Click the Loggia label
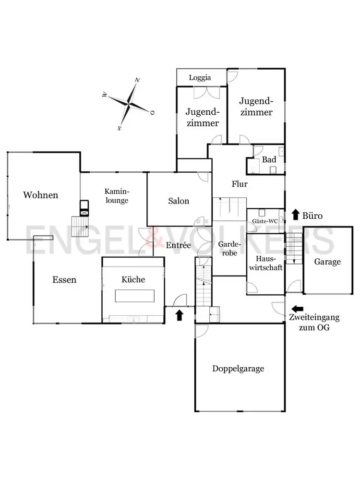(x=200, y=78)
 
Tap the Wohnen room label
(x=41, y=195)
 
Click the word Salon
(x=179, y=201)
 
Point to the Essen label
(x=64, y=279)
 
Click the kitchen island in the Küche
(x=134, y=296)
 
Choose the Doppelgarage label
(x=239, y=369)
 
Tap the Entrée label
(x=179, y=245)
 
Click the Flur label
(x=239, y=184)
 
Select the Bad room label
(x=269, y=160)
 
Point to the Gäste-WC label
(x=265, y=221)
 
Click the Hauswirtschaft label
(x=265, y=264)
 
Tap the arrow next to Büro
(x=296, y=215)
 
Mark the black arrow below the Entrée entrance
(x=180, y=315)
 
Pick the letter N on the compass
(x=137, y=80)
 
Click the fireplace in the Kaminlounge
(x=84, y=207)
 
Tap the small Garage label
(x=327, y=262)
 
